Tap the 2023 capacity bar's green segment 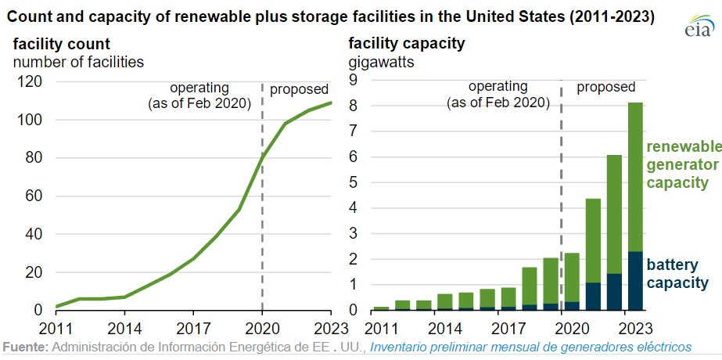pos(635,176)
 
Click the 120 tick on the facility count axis pos(31,81)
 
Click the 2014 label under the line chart pos(124,326)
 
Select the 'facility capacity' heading pos(407,44)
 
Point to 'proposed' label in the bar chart pos(605,87)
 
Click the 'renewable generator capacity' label pos(677,165)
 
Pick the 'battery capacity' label pos(677,274)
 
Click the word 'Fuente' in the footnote pos(25,346)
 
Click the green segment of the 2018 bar pos(529,286)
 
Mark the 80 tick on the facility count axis pos(35,158)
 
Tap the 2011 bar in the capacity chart pos(381,308)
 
